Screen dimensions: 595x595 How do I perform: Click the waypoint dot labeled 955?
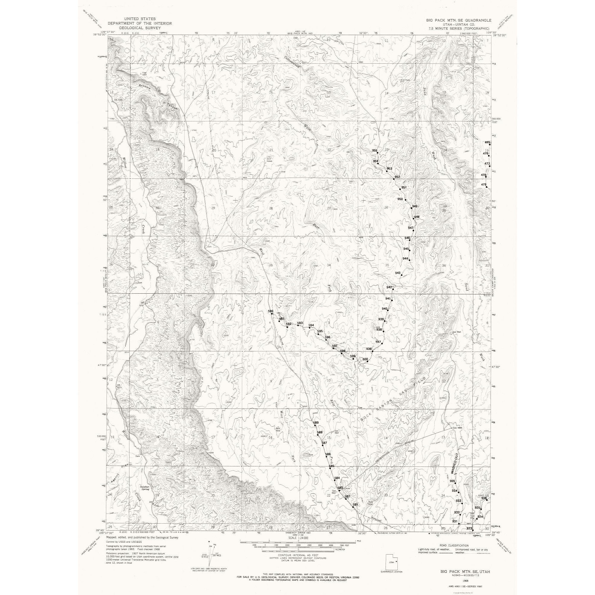point(377,153)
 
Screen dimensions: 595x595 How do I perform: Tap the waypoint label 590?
point(271,311)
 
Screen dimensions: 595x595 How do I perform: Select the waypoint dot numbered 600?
point(367,361)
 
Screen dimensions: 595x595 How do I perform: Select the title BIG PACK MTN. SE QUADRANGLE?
point(458,20)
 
